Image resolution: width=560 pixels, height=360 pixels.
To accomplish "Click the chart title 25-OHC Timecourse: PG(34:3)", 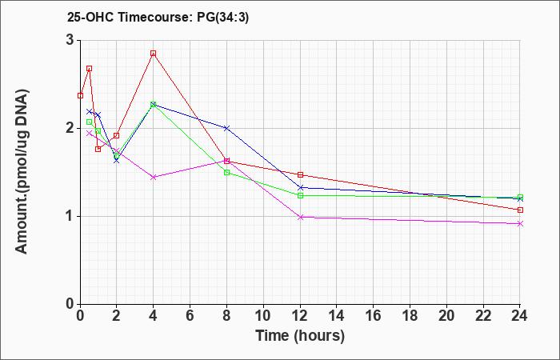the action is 158,18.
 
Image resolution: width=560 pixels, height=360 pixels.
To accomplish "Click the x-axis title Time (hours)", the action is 300,336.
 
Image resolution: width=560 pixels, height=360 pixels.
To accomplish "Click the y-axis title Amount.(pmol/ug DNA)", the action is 22,172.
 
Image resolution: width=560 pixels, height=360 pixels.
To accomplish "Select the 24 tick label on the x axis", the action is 520,316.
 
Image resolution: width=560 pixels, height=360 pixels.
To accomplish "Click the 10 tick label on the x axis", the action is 263,316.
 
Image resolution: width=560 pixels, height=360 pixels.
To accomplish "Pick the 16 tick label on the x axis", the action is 374,316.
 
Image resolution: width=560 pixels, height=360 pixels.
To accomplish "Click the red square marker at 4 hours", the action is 154,54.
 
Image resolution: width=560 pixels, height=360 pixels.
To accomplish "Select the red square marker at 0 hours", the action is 80,96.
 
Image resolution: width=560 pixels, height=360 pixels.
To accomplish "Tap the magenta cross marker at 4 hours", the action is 154,177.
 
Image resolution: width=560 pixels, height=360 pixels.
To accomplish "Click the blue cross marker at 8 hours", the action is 226,128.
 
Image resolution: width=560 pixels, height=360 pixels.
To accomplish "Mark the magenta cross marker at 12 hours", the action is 300,217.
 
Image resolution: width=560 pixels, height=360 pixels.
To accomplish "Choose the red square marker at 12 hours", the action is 300,174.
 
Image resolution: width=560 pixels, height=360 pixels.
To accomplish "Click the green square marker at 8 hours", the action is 226,173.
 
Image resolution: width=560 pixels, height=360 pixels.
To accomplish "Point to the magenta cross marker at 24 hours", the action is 520,223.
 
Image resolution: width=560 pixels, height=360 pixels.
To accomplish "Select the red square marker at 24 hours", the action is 520,210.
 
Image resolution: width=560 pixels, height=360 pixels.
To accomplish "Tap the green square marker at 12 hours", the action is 300,195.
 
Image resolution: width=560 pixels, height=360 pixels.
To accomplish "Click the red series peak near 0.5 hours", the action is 90,68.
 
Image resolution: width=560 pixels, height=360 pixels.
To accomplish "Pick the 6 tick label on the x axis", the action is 190,316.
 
